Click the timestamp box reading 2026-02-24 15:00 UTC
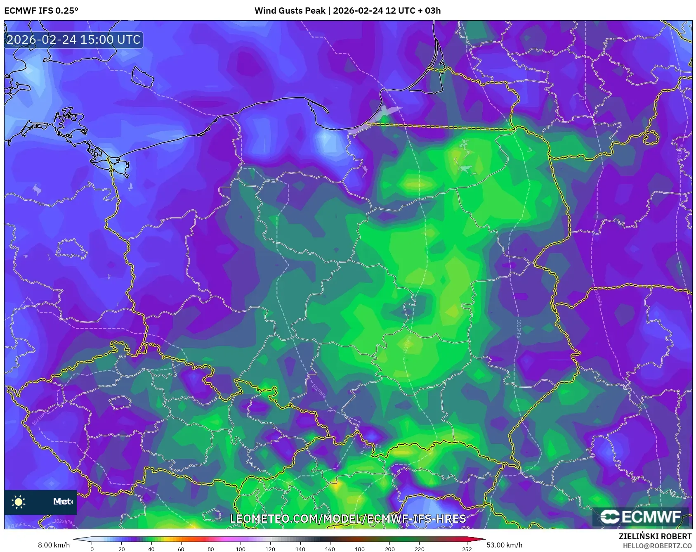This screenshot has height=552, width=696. point(73,40)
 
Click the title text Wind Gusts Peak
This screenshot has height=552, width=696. point(290,10)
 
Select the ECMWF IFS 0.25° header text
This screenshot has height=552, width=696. point(41,10)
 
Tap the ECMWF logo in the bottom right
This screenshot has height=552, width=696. point(641,517)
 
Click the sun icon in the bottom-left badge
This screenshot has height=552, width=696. point(19,502)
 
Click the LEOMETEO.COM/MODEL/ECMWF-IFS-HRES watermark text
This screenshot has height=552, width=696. point(348,519)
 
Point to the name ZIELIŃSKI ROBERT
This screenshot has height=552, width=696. point(655,536)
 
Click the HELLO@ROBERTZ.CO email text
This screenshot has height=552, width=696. point(657,546)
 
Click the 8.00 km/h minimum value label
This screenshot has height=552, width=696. point(54,545)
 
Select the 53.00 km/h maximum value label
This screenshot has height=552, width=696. point(504,545)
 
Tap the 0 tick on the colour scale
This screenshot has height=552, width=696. point(92,549)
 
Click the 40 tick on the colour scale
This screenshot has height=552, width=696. point(151,549)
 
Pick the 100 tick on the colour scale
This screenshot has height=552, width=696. point(241,549)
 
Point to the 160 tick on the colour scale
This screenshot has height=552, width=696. point(330,549)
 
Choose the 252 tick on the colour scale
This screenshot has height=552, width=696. point(467,549)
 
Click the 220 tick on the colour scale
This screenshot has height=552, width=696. point(419,549)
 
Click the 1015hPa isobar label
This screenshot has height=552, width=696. point(519,329)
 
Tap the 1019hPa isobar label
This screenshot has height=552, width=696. point(319,391)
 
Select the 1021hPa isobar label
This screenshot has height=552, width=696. point(40,418)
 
